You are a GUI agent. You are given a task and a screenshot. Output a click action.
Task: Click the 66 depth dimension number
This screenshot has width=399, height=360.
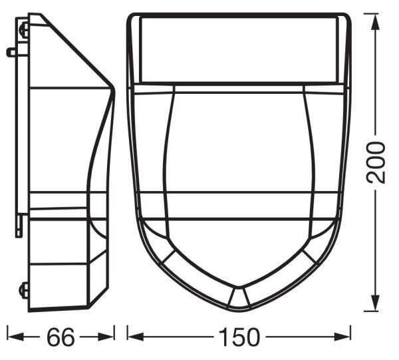tap(61, 337)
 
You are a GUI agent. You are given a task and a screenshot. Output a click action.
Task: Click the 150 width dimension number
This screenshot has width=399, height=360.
tap(239, 337)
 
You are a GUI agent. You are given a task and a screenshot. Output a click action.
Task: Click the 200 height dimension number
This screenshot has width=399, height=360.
tap(376, 162)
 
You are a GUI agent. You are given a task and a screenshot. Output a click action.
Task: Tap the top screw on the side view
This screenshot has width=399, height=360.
tap(25, 31)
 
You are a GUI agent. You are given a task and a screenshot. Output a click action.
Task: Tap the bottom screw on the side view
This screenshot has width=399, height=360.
tap(24, 291)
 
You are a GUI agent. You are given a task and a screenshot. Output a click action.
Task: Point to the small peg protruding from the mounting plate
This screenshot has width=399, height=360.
tap(12, 52)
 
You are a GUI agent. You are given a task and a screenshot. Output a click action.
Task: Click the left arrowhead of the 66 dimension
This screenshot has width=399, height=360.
tap(15, 337)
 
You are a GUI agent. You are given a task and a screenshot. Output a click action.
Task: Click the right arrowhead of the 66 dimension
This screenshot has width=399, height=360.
tap(106, 337)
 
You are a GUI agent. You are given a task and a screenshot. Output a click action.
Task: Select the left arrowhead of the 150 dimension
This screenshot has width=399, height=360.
tap(136, 337)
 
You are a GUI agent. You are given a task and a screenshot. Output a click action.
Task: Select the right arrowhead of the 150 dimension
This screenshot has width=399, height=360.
tap(342, 337)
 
